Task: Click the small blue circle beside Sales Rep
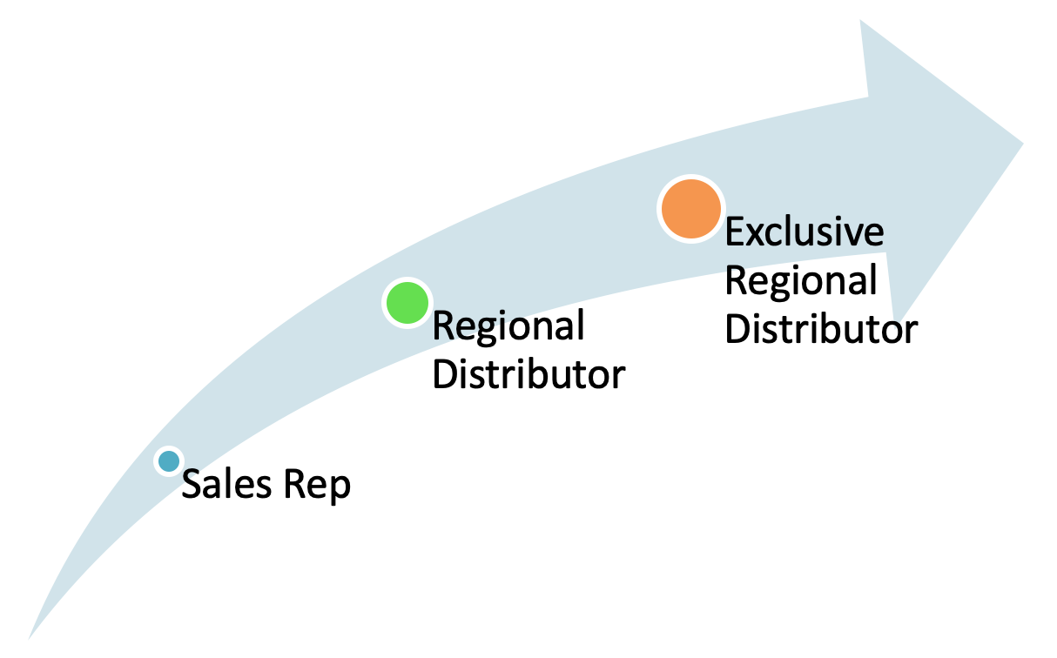[x=168, y=460]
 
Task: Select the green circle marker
[x=407, y=303]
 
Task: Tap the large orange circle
[x=690, y=209]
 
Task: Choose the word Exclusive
[x=804, y=232]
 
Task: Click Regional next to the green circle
[x=508, y=326]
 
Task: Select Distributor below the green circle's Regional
[x=528, y=375]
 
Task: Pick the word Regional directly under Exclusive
[x=800, y=281]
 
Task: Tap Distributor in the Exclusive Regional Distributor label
[x=821, y=330]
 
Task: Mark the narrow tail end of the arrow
[x=31, y=636]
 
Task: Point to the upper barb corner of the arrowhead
[x=862, y=21]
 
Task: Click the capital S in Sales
[x=191, y=485]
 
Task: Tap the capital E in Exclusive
[x=736, y=232]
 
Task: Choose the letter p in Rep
[x=340, y=488]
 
